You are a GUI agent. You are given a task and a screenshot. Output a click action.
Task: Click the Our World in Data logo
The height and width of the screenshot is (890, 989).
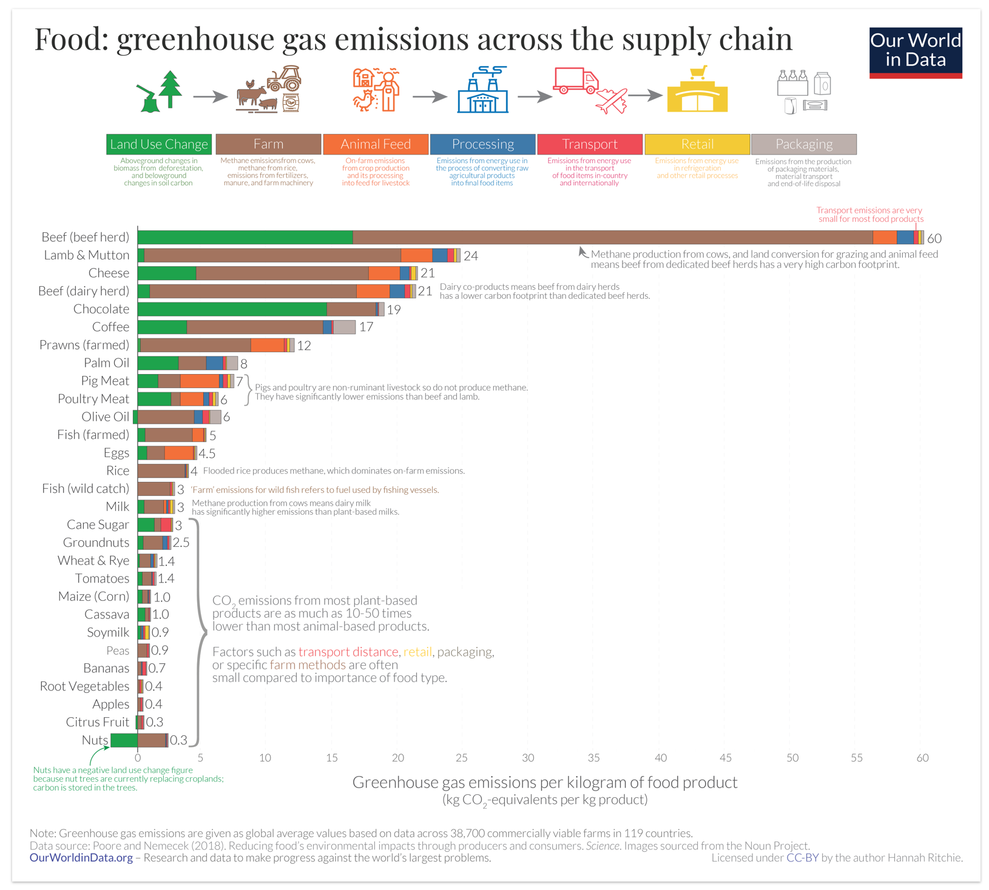click(x=915, y=53)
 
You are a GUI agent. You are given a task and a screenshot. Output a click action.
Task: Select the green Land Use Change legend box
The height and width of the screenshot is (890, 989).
click(x=159, y=144)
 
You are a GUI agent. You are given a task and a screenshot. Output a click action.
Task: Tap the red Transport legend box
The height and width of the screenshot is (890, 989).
click(x=589, y=144)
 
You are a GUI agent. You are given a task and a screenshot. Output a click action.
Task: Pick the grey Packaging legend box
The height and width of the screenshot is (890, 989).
click(x=803, y=144)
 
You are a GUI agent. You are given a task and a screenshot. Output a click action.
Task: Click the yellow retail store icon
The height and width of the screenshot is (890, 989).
click(x=697, y=91)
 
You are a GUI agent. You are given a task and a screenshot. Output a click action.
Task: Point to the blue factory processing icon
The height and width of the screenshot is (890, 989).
click(x=482, y=91)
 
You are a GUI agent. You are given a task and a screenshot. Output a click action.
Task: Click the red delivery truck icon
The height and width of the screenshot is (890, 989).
click(x=575, y=81)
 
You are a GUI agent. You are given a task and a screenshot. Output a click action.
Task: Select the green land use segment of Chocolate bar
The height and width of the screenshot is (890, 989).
click(x=232, y=309)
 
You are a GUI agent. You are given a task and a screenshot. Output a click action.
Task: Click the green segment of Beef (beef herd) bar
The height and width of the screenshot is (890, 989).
click(x=245, y=238)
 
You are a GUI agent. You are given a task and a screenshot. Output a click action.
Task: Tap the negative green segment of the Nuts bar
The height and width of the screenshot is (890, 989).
click(x=124, y=740)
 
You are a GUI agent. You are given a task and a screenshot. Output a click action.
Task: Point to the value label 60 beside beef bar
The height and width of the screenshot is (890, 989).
click(x=934, y=239)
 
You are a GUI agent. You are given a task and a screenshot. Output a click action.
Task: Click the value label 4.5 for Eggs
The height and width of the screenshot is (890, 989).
click(x=207, y=453)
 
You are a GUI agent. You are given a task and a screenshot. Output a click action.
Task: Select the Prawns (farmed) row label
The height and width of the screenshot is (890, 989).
click(x=84, y=345)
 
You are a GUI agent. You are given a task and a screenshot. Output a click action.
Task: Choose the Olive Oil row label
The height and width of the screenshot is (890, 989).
click(x=105, y=417)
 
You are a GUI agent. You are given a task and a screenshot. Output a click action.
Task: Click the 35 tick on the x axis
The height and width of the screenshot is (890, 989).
click(x=593, y=758)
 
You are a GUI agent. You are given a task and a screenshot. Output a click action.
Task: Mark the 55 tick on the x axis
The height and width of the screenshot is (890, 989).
click(x=856, y=758)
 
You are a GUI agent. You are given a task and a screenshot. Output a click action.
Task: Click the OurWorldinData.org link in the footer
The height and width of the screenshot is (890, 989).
click(x=81, y=858)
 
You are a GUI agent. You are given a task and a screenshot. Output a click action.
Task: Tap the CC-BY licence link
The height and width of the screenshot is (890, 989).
click(x=802, y=858)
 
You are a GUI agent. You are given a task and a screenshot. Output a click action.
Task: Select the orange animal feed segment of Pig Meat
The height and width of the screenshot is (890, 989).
click(x=200, y=381)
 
